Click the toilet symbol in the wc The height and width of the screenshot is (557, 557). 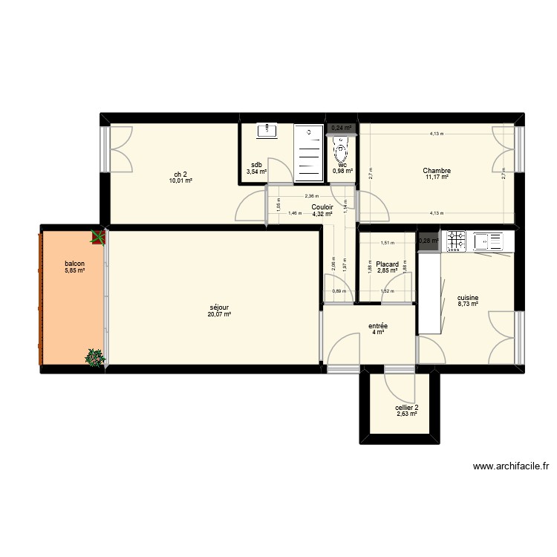[x=341, y=152]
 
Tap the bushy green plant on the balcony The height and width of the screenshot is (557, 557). [x=94, y=358]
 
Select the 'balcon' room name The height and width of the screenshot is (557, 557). [x=74, y=264]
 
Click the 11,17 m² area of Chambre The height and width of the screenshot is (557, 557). [x=438, y=178]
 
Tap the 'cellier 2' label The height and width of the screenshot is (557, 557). [x=406, y=407]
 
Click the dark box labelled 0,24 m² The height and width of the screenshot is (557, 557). [x=341, y=128]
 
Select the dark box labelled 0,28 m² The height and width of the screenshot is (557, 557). [x=428, y=241]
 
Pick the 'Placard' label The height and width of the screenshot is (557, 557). [x=387, y=264]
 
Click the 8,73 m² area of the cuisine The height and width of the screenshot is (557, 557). [x=468, y=304]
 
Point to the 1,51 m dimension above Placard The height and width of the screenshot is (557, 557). [x=386, y=243]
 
